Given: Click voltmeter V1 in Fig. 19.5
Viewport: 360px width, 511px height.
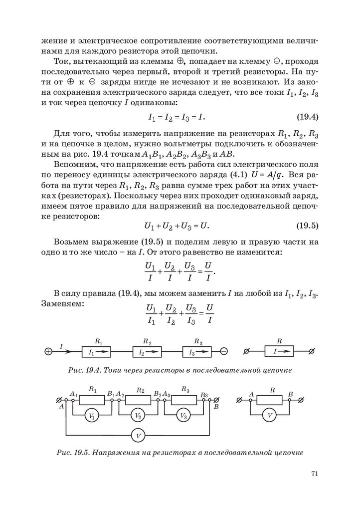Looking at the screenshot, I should point(91,416).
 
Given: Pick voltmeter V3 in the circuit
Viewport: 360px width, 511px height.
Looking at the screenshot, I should point(183,416).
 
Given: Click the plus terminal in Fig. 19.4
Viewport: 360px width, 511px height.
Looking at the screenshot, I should point(48,351).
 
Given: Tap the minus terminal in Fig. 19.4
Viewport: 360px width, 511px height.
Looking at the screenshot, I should point(224,351).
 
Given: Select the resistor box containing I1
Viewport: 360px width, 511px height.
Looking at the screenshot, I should point(95,352).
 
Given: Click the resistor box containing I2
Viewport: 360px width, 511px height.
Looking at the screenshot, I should point(147,352).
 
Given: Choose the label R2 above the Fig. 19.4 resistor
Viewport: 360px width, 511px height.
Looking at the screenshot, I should point(147,342).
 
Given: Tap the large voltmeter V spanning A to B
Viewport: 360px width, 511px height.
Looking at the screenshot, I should point(138,436).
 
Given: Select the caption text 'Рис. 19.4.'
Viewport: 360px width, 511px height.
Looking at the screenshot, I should point(85,370).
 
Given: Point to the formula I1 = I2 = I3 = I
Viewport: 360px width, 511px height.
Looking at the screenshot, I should point(177,118).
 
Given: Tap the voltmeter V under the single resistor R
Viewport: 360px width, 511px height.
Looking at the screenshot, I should point(270,416).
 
